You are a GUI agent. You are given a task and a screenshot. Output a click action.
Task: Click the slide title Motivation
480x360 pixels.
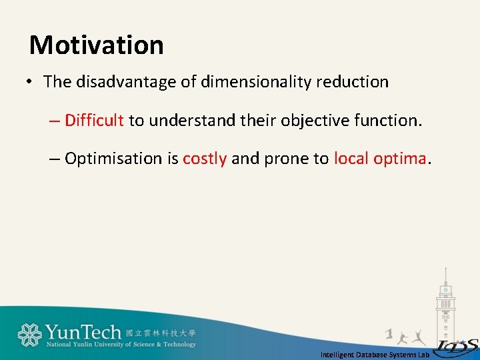tap(97, 45)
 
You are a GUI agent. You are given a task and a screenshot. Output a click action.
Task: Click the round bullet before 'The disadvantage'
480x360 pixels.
tap(30, 83)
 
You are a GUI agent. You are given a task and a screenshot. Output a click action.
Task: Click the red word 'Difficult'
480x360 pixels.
tap(95, 121)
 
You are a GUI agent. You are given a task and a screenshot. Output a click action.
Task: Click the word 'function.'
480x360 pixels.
tap(389, 121)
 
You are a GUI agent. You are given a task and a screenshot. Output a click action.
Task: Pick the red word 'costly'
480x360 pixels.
tap(205, 159)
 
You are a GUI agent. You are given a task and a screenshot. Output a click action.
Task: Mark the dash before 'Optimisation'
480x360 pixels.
tap(54, 159)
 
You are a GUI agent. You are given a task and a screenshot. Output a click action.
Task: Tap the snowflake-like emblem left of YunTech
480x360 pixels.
tap(30, 335)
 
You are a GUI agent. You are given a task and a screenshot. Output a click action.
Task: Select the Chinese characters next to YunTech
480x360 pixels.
tap(161, 332)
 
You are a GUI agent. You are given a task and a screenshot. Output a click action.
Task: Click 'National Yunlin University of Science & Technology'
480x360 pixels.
tap(121, 345)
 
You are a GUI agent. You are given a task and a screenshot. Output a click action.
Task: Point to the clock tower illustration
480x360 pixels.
tap(445, 300)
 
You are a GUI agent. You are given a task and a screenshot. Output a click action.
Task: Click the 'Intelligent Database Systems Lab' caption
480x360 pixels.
tap(375, 355)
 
